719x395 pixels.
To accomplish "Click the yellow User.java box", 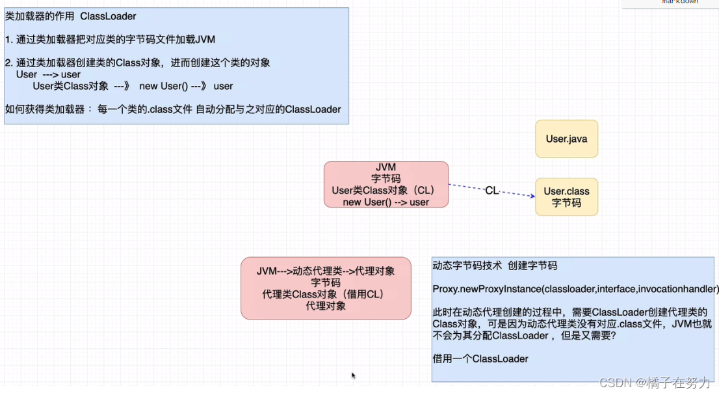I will pyautogui.click(x=566, y=139).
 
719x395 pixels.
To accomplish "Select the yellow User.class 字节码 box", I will pyautogui.click(x=566, y=197).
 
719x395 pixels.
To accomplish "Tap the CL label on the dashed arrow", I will pyautogui.click(x=491, y=191).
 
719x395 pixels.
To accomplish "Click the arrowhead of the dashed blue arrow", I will pyautogui.click(x=531, y=195).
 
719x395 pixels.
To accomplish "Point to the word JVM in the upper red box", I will pyautogui.click(x=386, y=167).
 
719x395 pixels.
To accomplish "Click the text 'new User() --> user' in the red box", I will pyautogui.click(x=386, y=202).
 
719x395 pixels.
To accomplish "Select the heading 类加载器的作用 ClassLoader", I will pyautogui.click(x=71, y=16).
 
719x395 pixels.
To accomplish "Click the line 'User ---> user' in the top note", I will pyautogui.click(x=49, y=74).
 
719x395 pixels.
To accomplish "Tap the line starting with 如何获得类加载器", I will pyautogui.click(x=173, y=109).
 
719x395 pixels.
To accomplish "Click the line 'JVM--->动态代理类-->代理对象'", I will pyautogui.click(x=326, y=271).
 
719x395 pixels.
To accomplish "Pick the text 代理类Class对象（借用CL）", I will pyautogui.click(x=326, y=294).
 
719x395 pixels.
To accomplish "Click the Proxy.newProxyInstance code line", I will pyautogui.click(x=575, y=288).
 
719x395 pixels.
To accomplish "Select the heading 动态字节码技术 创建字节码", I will pyautogui.click(x=495, y=266).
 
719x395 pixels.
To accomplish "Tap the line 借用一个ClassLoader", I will pyautogui.click(x=480, y=359).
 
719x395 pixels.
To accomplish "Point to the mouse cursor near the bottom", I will pyautogui.click(x=354, y=375).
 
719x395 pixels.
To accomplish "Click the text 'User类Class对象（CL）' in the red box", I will pyautogui.click(x=386, y=190).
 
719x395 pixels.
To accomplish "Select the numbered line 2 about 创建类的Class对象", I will pyautogui.click(x=137, y=62).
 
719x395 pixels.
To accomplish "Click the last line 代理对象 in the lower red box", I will pyautogui.click(x=326, y=306).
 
